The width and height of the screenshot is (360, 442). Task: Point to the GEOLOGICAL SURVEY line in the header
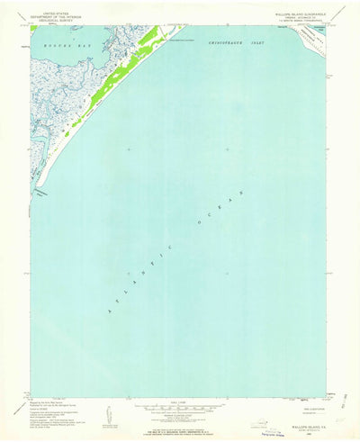tap(55, 20)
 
